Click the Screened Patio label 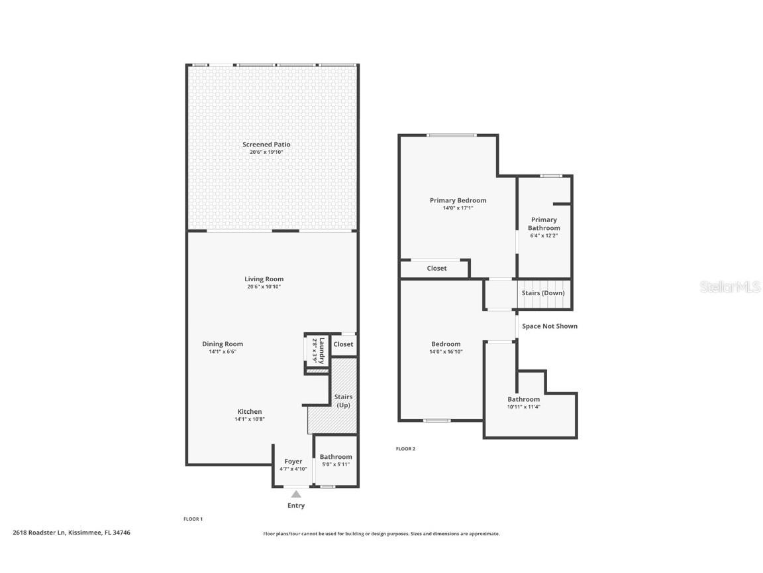266,145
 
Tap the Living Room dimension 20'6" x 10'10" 264,287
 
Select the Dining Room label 223,344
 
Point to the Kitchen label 250,412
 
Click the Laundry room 317,350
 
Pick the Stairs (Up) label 343,401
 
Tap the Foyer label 293,462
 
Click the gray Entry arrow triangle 296,493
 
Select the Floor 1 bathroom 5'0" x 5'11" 336,464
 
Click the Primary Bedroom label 458,200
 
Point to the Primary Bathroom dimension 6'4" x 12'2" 544,235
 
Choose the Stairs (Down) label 543,293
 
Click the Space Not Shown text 549,326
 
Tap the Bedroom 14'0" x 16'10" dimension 446,352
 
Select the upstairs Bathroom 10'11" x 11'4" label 523,399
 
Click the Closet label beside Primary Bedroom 436,269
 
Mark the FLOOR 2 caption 405,449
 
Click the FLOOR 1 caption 193,519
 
